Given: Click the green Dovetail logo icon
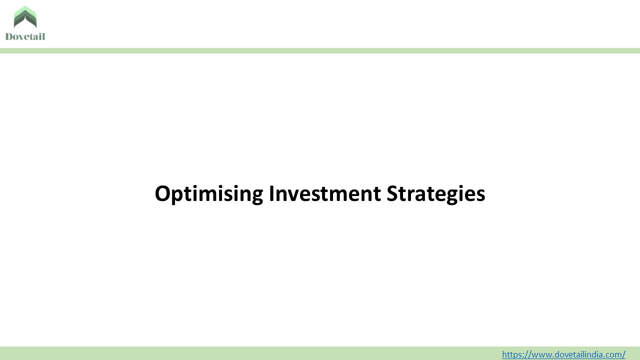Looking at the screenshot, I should (25, 17).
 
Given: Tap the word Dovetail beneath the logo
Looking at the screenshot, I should (25, 36).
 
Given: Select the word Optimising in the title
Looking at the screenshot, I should (208, 194).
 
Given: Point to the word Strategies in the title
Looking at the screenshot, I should (435, 194).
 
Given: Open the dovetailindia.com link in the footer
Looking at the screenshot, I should (563, 354).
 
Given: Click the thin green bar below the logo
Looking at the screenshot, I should (320, 50).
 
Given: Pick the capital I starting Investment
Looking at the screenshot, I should (271, 194).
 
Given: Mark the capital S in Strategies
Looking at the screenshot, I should (392, 194).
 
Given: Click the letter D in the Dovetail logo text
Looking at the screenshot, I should (9, 36).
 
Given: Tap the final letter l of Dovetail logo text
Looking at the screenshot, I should (43, 36).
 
